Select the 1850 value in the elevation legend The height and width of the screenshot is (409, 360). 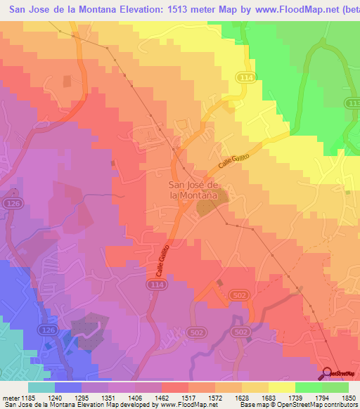pyautogui.click(x=349, y=398)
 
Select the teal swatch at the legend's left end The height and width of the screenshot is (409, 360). pyautogui.click(x=41, y=387)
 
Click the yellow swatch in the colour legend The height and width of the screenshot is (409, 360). pyautogui.click(x=282, y=387)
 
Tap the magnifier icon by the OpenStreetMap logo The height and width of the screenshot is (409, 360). pyautogui.click(x=327, y=373)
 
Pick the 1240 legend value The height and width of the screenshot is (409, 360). pyautogui.click(x=50, y=398)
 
